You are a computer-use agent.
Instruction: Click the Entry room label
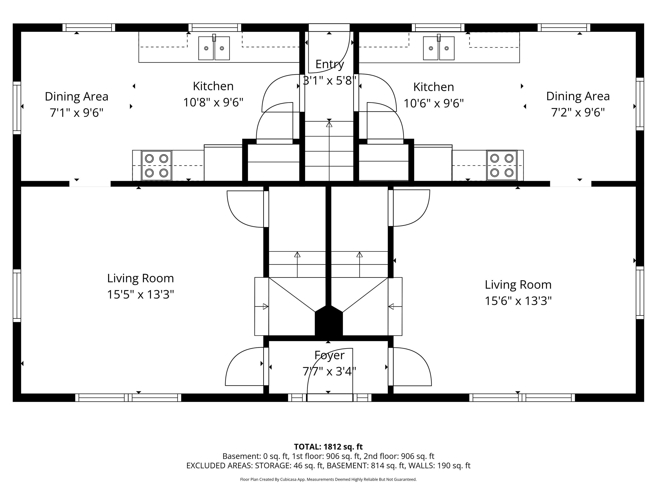tap(329, 64)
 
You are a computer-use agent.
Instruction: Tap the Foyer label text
tap(329, 355)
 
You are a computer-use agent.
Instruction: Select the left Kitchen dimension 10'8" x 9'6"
tap(213, 103)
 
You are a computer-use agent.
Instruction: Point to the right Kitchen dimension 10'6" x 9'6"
tap(434, 103)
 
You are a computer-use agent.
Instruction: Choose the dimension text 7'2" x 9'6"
tap(578, 113)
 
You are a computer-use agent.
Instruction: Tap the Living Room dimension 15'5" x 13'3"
tap(141, 294)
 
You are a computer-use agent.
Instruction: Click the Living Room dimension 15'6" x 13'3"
tap(518, 301)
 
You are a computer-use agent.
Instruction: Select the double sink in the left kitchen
tap(214, 48)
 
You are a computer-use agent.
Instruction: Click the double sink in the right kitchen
tap(439, 48)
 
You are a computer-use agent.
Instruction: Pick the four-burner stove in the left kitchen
tap(157, 165)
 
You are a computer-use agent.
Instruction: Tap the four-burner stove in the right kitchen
tap(502, 165)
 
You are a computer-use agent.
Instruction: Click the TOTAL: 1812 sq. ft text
tap(328, 447)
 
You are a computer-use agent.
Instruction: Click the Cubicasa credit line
tap(328, 479)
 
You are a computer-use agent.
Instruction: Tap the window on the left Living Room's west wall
tap(17, 296)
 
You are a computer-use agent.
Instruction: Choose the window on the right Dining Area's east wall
tap(640, 104)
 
